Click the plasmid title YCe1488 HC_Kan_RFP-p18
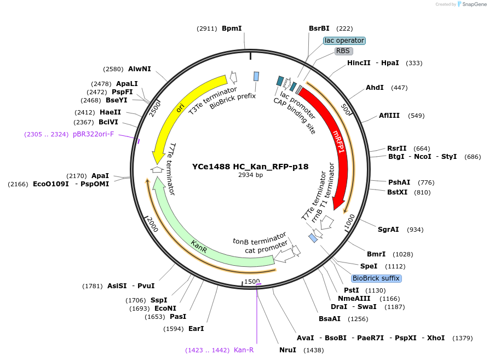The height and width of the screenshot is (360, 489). pos(250,167)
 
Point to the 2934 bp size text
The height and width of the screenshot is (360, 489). pos(250,175)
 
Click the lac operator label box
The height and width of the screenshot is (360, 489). pos(344,41)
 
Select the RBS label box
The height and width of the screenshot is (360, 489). pos(343,51)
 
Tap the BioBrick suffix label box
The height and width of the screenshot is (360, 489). pos(376,278)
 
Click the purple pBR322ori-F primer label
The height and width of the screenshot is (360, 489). pos(93,134)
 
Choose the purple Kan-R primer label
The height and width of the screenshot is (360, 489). pos(244,350)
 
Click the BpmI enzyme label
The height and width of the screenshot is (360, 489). pos(232,28)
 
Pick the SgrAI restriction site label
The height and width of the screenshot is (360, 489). pos(388,230)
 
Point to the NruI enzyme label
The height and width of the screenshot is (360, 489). pos(287,350)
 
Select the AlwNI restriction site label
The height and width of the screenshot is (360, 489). pos(139,69)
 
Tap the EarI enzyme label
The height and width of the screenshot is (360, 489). pos(195,329)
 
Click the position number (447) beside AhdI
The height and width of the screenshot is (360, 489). pos(399,88)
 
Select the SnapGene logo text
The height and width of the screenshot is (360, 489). pos(474,4)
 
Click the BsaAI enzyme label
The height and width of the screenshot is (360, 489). pos(330,318)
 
